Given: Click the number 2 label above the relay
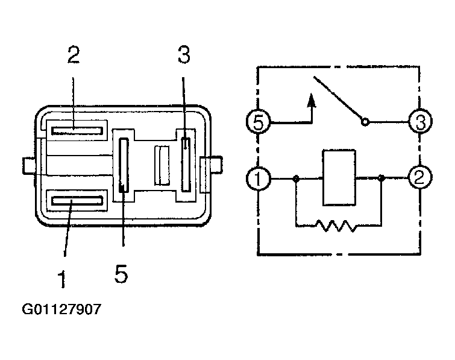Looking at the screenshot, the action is [74, 54].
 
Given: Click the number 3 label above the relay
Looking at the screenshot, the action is [184, 54].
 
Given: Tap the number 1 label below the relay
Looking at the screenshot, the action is [62, 279].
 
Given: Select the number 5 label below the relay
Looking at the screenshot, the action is [121, 274].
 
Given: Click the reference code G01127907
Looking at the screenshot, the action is [61, 309].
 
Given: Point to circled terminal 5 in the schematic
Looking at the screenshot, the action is [258, 122].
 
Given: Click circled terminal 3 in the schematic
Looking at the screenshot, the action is [420, 121].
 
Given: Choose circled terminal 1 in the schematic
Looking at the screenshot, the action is [258, 178].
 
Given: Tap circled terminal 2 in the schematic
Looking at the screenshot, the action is [420, 177].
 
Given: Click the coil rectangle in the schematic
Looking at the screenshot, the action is [339, 178].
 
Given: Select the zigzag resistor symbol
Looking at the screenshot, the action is [336, 226].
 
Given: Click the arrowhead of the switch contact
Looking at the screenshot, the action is [312, 100].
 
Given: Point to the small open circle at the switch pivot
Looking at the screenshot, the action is [365, 122].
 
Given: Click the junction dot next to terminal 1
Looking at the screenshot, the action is [296, 178].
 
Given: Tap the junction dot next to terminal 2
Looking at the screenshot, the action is [381, 178].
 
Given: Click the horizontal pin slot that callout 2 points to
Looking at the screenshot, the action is [77, 131].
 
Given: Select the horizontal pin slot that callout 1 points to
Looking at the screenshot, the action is [77, 201].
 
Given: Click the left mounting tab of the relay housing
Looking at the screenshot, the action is [29, 166].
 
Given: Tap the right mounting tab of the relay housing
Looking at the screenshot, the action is [216, 165].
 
